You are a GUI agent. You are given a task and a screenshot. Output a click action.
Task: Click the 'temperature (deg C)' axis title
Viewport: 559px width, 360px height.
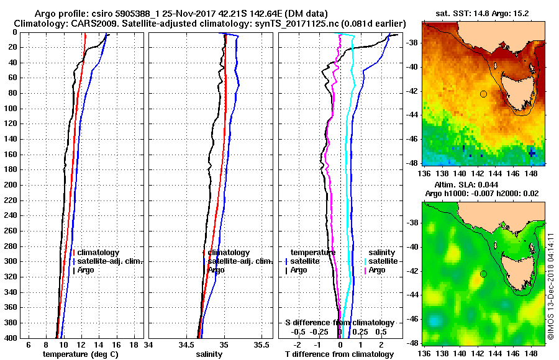[80, 354]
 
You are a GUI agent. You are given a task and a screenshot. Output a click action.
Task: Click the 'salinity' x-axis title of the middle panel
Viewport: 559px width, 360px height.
[209, 354]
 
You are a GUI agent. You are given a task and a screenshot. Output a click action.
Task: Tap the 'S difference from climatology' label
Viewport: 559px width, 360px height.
[339, 323]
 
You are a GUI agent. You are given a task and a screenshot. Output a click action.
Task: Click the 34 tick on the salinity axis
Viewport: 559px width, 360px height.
[148, 345]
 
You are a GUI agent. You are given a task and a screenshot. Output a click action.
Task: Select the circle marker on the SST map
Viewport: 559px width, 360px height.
[483, 94]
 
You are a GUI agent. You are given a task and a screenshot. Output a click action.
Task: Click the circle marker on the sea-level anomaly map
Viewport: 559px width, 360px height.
[483, 274]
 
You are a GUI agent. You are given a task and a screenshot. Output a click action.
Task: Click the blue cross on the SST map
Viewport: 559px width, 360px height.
[532, 152]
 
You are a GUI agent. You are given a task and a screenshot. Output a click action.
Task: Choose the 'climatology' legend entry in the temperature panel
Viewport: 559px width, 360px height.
[97, 253]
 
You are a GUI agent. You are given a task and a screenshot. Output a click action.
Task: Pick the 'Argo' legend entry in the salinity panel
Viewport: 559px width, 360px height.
[216, 270]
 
